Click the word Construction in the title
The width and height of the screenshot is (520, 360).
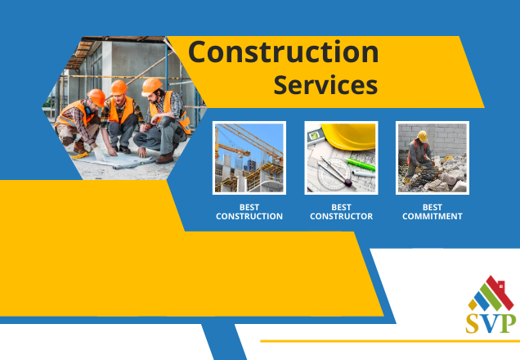point(283,52)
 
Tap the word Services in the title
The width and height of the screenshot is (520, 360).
point(325,85)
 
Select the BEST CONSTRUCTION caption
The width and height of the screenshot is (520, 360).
point(249,212)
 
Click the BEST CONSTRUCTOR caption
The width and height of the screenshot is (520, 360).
point(341,212)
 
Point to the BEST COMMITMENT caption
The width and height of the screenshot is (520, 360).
point(433,212)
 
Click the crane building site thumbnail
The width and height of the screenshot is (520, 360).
point(249,158)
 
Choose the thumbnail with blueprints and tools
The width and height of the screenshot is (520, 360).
point(341,158)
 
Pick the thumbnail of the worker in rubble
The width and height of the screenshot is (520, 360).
point(433,158)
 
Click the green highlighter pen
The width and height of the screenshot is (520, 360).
point(361,164)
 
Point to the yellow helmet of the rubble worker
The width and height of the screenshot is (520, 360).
point(422,136)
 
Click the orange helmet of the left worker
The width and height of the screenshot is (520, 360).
point(96,97)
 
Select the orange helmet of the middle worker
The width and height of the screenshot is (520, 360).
point(119,88)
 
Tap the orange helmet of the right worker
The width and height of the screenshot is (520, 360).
point(151,86)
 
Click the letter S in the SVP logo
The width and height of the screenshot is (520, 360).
point(473,323)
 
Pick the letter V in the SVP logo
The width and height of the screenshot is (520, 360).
point(490,323)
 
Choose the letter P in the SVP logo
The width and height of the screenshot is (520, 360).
point(508,323)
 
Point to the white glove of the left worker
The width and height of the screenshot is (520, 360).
point(99,154)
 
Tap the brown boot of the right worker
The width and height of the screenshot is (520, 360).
point(165,158)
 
